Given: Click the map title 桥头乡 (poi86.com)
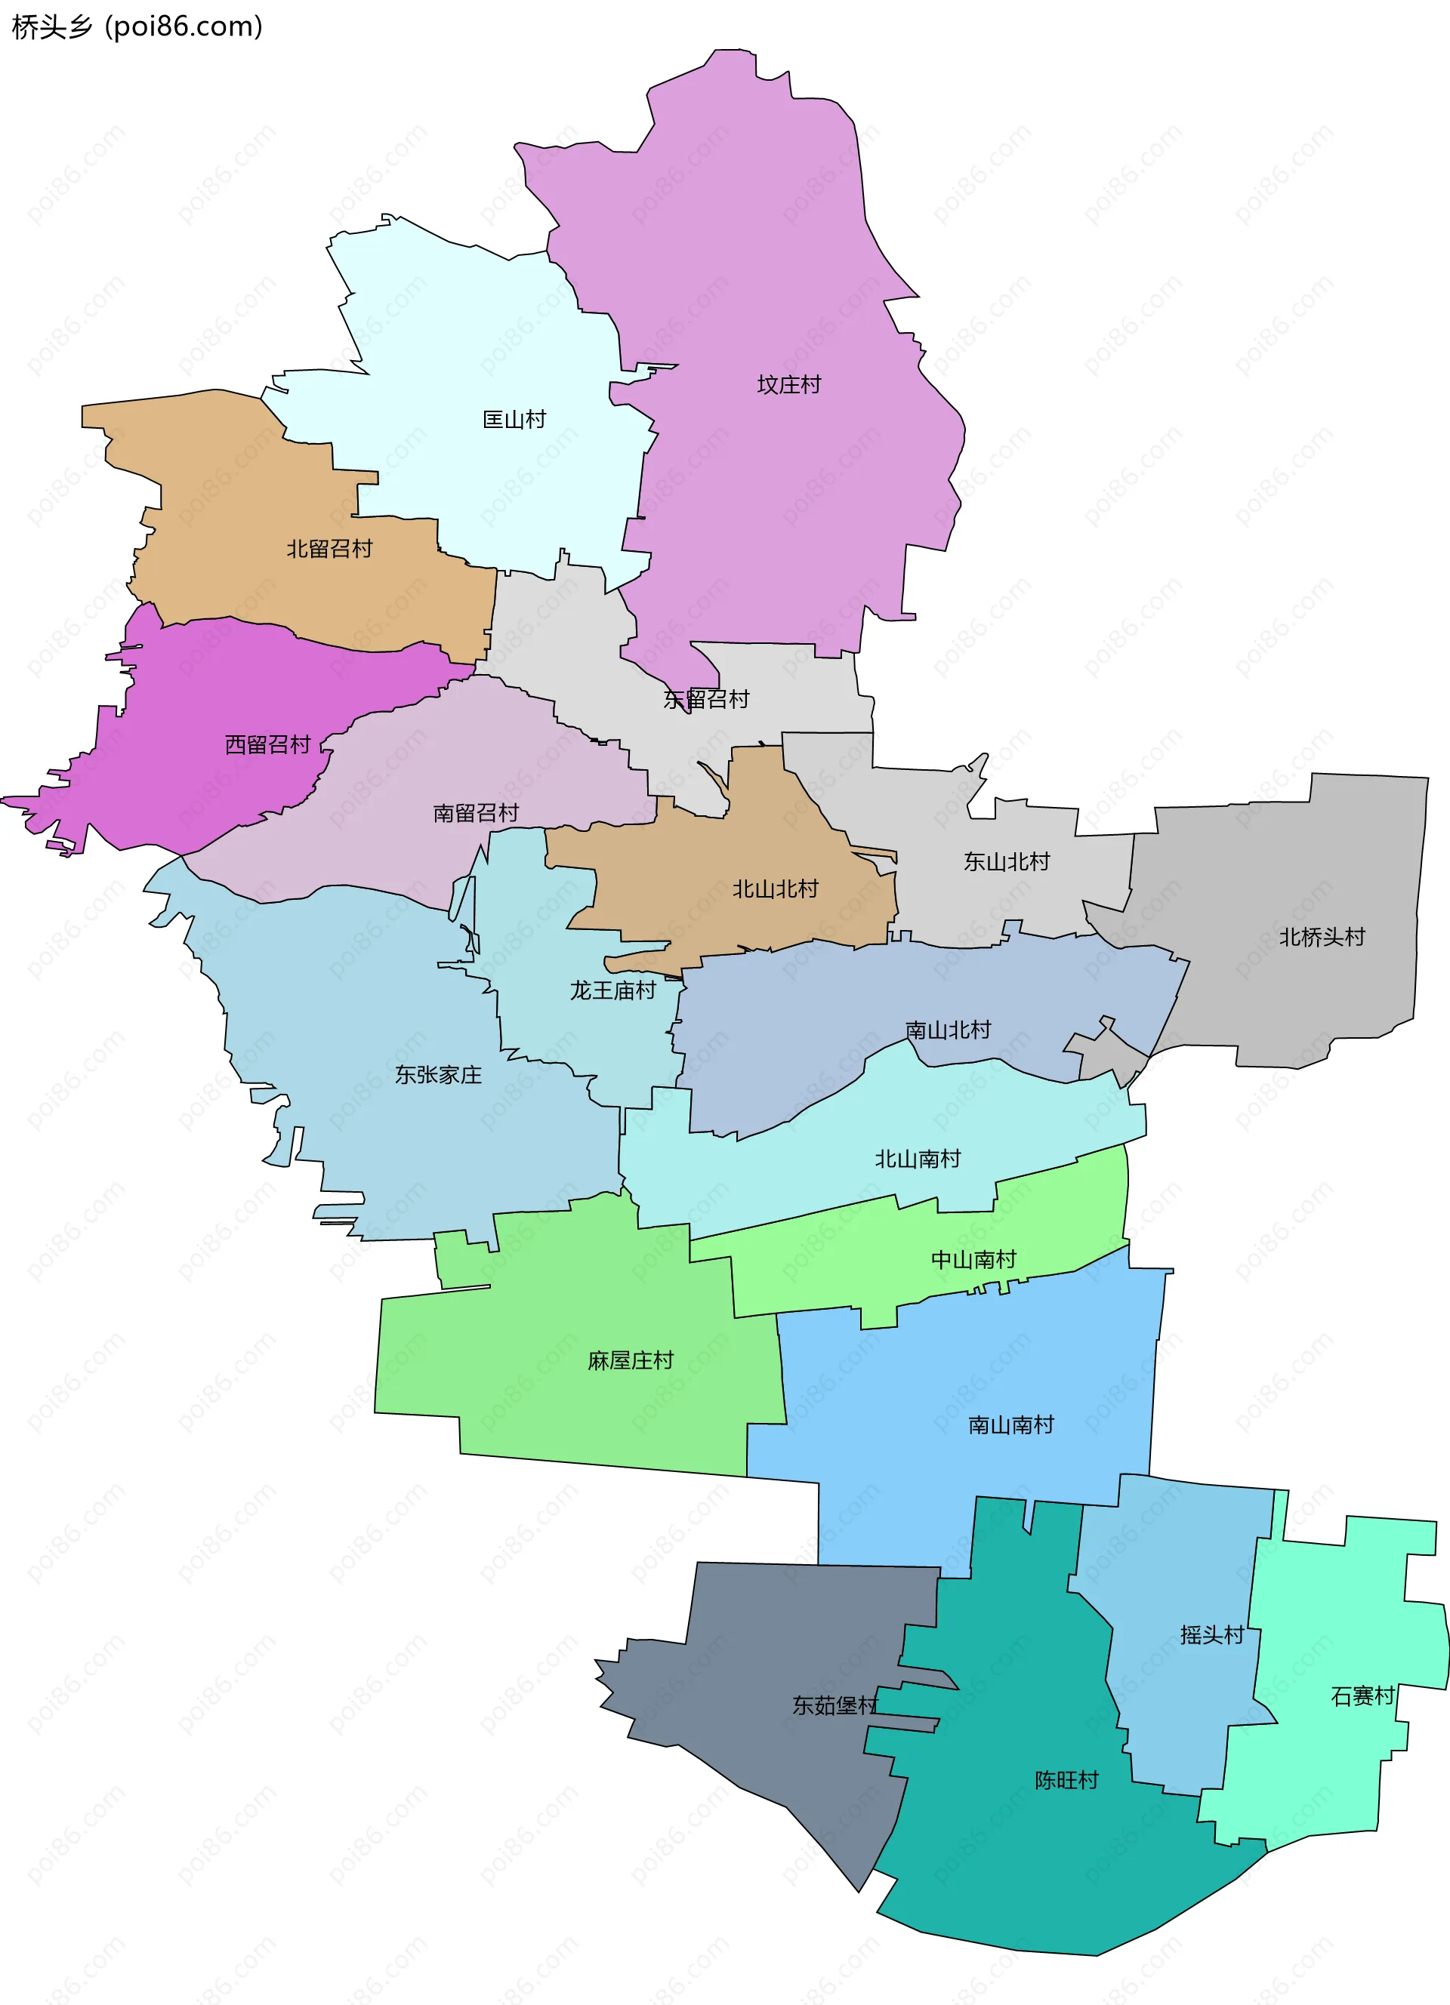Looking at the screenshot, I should tap(137, 26).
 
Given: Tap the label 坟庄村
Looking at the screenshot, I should tap(788, 384).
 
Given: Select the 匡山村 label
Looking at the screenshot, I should tap(514, 419).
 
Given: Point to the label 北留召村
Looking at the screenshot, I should tap(329, 548).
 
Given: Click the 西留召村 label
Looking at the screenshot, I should tap(267, 744).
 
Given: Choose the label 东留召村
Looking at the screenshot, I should tap(705, 699).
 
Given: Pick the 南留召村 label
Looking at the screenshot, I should tap(476, 812).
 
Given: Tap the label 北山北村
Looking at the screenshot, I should tap(776, 889).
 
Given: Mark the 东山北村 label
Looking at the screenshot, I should tap(1006, 861).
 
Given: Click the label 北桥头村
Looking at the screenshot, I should tap(1322, 936).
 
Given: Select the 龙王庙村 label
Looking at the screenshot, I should tap(612, 990).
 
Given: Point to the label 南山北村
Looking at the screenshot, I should tap(948, 1029).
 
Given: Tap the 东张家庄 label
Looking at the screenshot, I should tap(438, 1074).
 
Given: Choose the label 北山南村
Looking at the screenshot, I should tap(917, 1158).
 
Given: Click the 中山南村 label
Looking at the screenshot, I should tap(973, 1259).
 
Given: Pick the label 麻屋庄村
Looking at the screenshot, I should tap(631, 1360).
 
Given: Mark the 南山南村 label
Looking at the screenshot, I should tap(1010, 1424).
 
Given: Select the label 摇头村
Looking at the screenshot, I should tap(1211, 1634).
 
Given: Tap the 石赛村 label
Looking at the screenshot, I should tap(1362, 1695).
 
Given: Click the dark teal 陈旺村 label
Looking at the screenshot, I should tap(1066, 1779).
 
